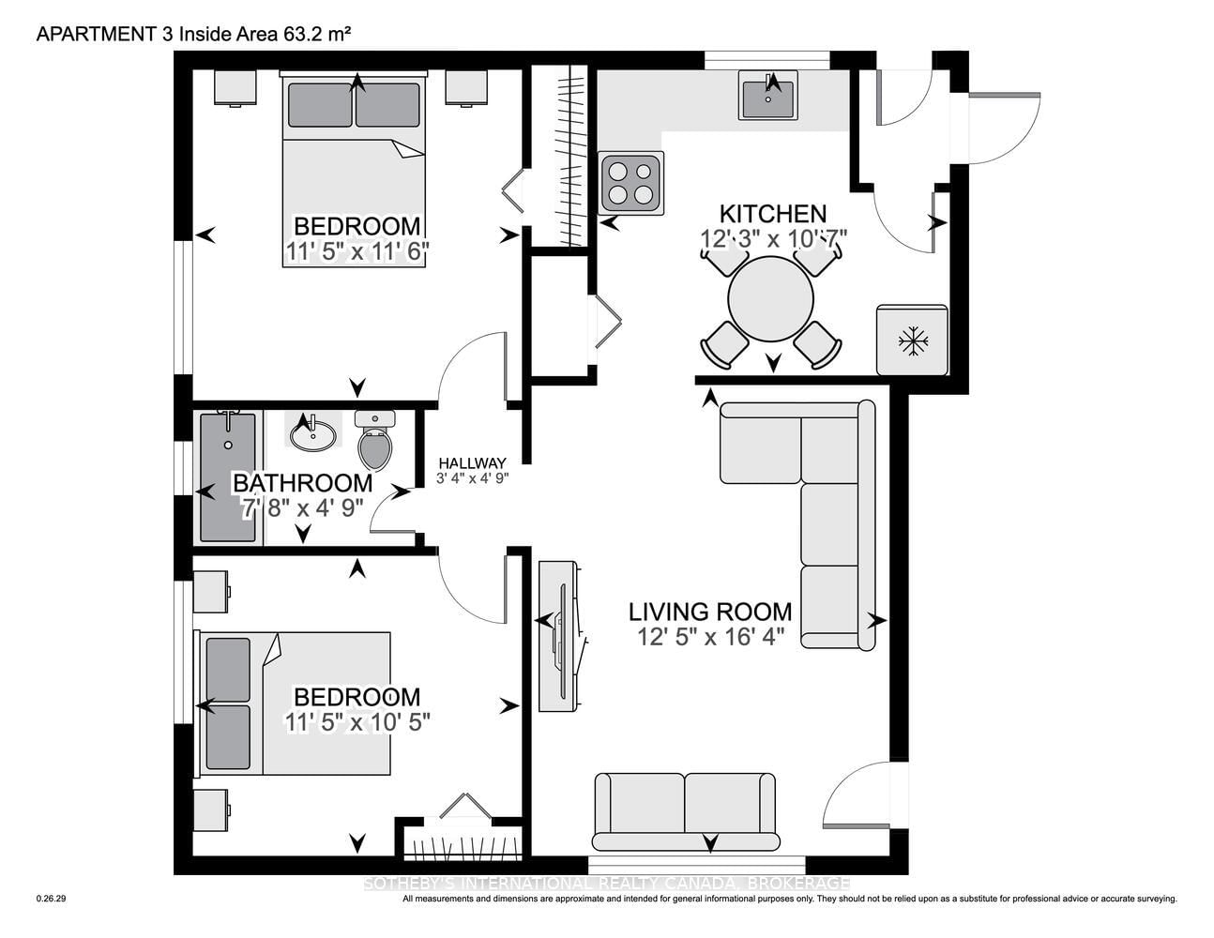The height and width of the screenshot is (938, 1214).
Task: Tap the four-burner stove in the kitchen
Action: pyautogui.click(x=630, y=183)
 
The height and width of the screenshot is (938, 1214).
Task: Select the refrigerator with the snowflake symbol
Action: pyautogui.click(x=912, y=340)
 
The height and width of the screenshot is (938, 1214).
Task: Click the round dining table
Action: pyautogui.click(x=770, y=298)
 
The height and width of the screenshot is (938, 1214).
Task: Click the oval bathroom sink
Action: pyautogui.click(x=313, y=433)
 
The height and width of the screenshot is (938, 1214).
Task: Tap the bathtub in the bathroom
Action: pyautogui.click(x=228, y=477)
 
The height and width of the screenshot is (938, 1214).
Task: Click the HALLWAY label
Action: pyautogui.click(x=472, y=462)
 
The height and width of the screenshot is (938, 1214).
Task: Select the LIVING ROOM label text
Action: pyautogui.click(x=710, y=612)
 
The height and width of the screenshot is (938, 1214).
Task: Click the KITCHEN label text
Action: pyautogui.click(x=773, y=214)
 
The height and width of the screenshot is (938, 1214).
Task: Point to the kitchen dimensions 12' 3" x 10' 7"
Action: pyautogui.click(x=774, y=239)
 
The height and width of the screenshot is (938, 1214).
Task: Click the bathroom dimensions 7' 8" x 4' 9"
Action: pyautogui.click(x=302, y=508)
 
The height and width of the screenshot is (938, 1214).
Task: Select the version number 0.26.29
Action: pyautogui.click(x=52, y=899)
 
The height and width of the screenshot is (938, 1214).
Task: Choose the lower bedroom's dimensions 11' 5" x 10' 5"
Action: pyautogui.click(x=357, y=722)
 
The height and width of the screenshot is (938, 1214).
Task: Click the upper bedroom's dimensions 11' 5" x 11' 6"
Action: pyautogui.click(x=357, y=251)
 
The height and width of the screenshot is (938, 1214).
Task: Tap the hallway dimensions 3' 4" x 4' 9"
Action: pyautogui.click(x=473, y=478)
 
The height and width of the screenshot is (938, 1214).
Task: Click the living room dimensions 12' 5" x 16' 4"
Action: pyautogui.click(x=711, y=637)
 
